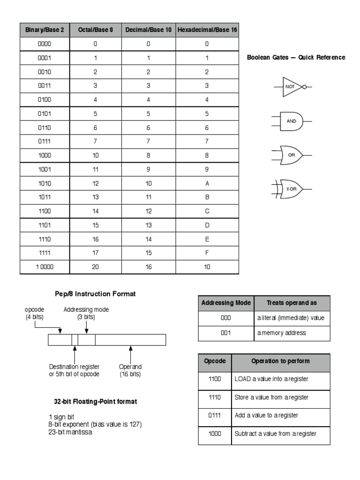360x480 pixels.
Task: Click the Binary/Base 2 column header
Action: point(45,30)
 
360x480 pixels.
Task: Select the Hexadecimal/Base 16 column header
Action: point(207,30)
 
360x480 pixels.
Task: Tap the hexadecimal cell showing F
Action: point(207,253)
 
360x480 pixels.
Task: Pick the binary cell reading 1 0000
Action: point(45,267)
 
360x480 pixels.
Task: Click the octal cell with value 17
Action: point(96,253)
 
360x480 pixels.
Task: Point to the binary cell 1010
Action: point(45,184)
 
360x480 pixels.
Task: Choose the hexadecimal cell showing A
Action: point(207,184)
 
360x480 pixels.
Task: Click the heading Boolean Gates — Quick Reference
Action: point(296,58)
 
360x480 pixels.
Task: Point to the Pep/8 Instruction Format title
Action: point(95,294)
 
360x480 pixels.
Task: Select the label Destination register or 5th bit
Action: point(74,370)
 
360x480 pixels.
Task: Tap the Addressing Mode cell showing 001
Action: point(226,333)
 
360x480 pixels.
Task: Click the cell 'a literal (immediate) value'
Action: point(291,318)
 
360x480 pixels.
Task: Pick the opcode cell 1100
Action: point(215,379)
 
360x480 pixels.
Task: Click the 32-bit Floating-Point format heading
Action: point(95,402)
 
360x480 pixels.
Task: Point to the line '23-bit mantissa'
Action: point(70,432)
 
